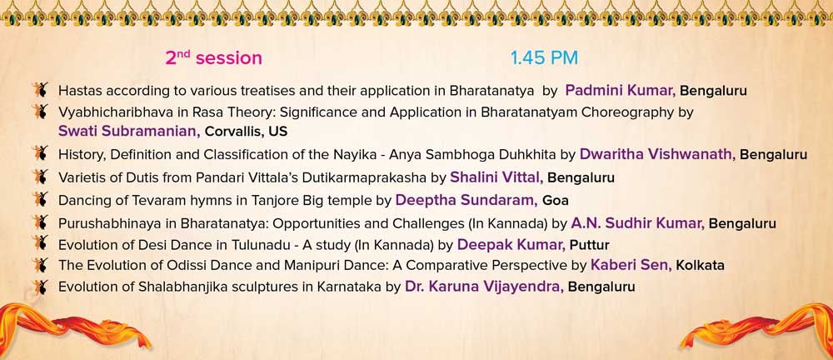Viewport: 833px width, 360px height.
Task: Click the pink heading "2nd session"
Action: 213,57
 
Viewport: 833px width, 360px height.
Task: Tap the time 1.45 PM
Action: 544,58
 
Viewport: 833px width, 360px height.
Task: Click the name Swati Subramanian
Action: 130,131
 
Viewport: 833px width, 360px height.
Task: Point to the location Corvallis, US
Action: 246,132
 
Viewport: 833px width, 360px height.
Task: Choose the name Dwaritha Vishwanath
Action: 658,154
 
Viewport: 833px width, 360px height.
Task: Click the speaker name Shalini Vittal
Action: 496,177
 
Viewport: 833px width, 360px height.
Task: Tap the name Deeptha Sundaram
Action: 467,200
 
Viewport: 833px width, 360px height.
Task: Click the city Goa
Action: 556,201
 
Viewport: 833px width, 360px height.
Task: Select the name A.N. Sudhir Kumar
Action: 638,223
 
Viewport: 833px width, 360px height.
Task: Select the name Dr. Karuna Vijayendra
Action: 485,287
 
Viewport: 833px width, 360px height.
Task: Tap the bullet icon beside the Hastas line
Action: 39,89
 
